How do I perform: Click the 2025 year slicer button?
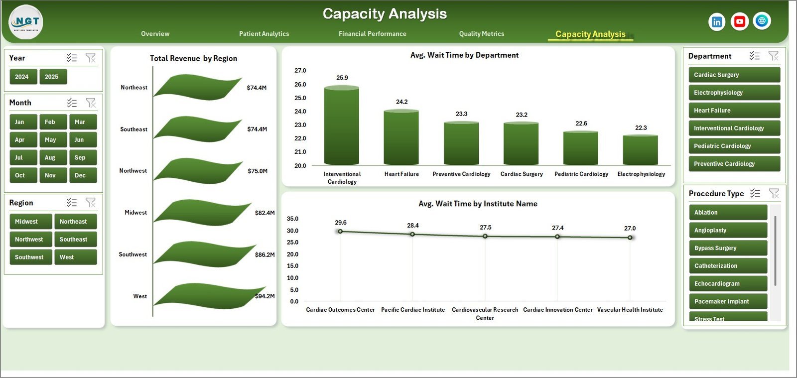(x=53, y=77)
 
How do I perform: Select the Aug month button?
(x=50, y=157)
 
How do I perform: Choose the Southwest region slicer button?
(x=30, y=257)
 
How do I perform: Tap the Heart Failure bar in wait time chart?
(x=401, y=138)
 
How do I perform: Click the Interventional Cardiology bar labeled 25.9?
(x=342, y=126)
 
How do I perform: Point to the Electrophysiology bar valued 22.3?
(x=641, y=150)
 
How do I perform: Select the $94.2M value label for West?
(x=265, y=296)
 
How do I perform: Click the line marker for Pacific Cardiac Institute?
(x=412, y=234)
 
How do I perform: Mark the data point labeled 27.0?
(x=630, y=238)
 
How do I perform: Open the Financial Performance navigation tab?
(x=373, y=34)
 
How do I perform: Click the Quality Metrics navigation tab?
(x=482, y=34)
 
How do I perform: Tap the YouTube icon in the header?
(x=740, y=21)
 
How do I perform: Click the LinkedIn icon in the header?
(x=717, y=21)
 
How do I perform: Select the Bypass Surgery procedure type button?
(x=728, y=248)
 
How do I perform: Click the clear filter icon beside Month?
(x=91, y=103)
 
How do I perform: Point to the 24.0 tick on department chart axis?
(x=300, y=112)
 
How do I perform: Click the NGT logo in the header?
(x=26, y=22)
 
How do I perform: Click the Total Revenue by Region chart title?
(x=194, y=58)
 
